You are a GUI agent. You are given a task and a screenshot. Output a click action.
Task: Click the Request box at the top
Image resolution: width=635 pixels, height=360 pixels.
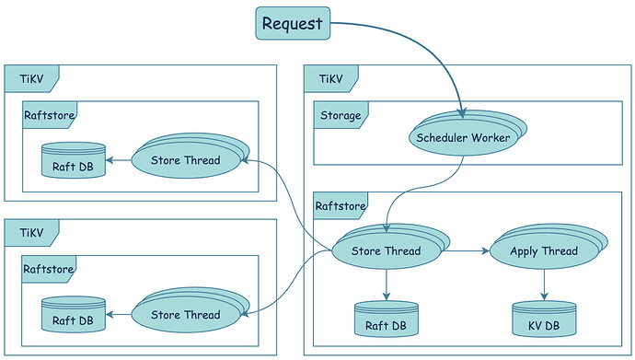click(293, 23)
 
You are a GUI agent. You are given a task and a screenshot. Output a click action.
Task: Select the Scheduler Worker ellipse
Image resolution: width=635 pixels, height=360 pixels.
click(462, 138)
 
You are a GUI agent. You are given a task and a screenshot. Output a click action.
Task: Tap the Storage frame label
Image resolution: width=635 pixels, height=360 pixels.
click(341, 115)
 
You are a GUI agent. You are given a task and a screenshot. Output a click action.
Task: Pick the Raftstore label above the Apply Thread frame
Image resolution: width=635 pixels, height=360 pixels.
click(341, 205)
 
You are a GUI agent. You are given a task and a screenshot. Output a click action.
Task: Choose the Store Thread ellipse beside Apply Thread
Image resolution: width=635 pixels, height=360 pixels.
click(386, 251)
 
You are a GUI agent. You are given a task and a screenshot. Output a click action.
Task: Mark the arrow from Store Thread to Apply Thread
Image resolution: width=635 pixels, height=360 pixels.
click(464, 250)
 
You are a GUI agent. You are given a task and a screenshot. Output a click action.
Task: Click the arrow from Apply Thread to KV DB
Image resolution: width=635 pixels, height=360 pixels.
click(544, 284)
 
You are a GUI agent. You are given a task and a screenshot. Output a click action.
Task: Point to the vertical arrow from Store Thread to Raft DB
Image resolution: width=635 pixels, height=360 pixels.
click(386, 284)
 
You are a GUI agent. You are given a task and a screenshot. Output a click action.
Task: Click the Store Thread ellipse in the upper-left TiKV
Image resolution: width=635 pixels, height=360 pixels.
click(185, 161)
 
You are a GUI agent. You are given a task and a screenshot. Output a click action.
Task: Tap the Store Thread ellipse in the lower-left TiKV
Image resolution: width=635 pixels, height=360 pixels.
click(185, 315)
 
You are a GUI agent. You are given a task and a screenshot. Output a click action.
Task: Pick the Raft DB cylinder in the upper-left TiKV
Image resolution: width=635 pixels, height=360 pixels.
click(73, 162)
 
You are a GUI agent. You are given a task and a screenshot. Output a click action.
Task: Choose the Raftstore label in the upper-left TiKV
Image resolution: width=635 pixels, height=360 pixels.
click(48, 115)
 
